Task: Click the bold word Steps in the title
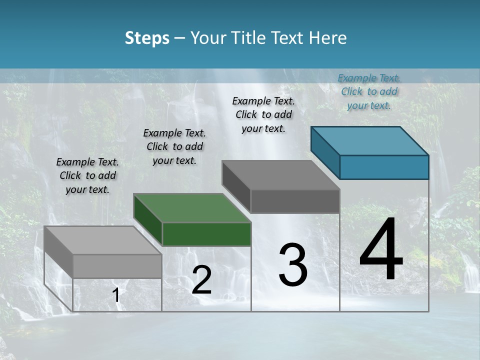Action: pos(147,38)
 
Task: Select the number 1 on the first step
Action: pos(116,295)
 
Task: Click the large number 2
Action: pos(201,280)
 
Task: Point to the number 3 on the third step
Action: pos(293,265)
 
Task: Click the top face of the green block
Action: pos(192,208)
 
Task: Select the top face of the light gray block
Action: pos(102,240)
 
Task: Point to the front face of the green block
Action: pos(206,234)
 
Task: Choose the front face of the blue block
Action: pos(384,167)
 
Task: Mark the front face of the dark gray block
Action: pos(295,201)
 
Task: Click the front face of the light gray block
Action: pos(117,266)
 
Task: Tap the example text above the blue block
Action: pos(369,91)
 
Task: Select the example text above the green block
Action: pos(174,146)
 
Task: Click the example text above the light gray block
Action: pos(87,175)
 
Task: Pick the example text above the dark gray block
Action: pos(263,114)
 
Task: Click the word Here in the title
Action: pos(329,38)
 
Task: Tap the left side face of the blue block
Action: pos(325,152)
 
